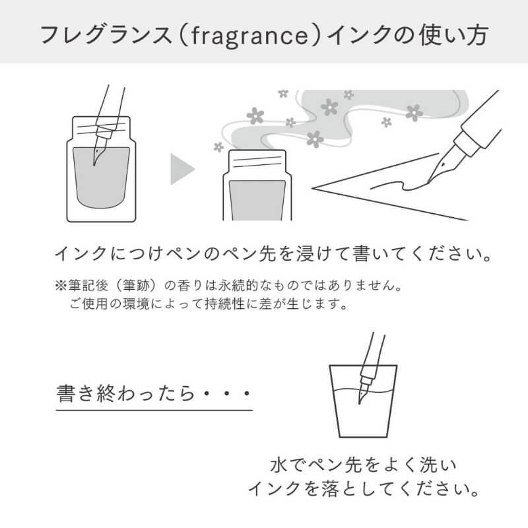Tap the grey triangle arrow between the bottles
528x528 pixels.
182,169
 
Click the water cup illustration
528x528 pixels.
363,401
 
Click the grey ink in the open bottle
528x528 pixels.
257,201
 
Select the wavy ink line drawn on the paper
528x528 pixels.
400,186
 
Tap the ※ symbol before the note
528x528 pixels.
61,286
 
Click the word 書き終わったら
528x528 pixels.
125,393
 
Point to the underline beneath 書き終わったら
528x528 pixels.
154,411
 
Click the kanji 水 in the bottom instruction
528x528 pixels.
279,465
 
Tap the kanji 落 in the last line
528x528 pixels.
330,489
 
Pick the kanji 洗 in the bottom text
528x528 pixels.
428,465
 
